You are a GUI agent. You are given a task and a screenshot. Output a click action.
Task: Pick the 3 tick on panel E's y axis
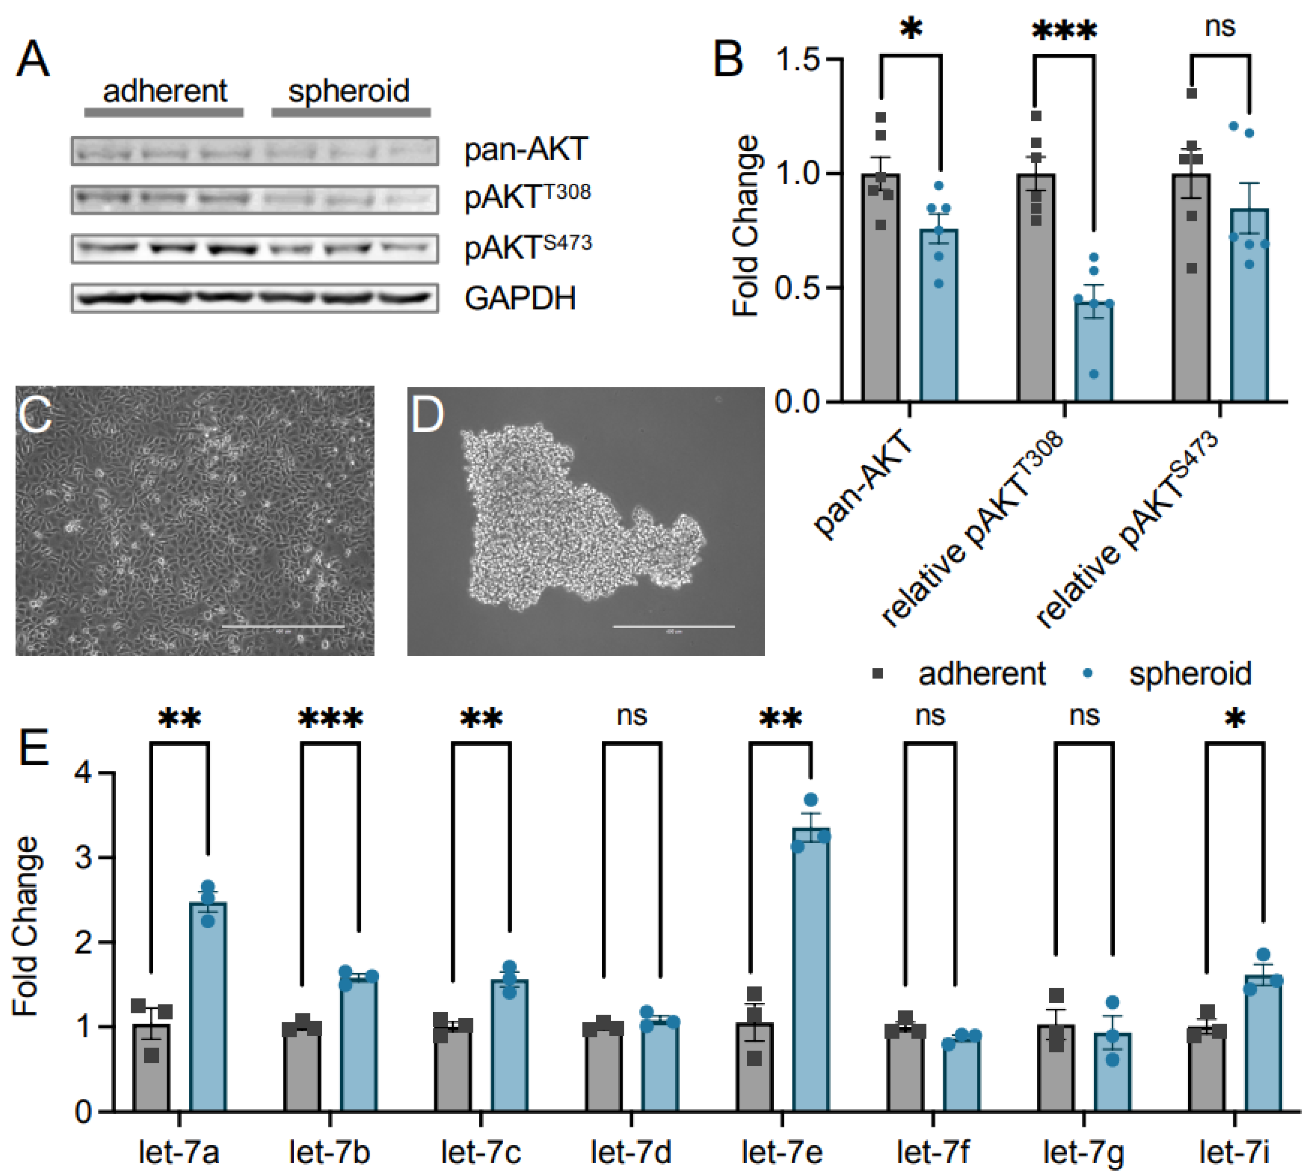[x=84, y=858]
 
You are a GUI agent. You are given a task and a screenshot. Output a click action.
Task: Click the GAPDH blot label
[x=520, y=299]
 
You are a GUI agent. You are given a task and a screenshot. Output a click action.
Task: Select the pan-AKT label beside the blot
[x=525, y=149]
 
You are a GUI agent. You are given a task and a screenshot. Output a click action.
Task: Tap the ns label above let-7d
[x=631, y=715]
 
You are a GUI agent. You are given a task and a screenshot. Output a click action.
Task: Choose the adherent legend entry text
[x=981, y=674]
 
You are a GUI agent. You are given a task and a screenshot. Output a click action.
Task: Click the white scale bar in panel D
[x=673, y=626]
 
